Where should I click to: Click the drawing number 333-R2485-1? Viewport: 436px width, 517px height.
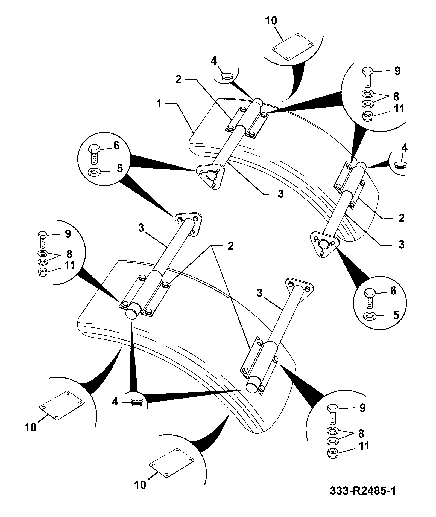point(363,490)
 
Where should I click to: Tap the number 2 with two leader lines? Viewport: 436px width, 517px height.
point(230,246)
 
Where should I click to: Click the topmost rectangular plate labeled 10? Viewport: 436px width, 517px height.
point(292,47)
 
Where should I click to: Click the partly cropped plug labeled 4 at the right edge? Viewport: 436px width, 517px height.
point(400,165)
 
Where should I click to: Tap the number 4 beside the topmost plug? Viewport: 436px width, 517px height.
point(213,61)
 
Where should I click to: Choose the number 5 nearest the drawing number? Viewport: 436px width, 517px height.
point(396,315)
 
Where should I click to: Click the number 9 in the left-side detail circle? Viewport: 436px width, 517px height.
point(68,234)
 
